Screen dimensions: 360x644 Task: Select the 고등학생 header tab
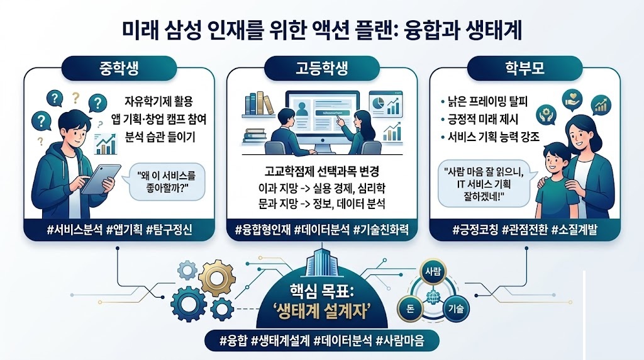(321, 67)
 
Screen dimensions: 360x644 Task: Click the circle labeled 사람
(435, 271)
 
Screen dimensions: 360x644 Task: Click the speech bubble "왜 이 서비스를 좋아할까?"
(166, 183)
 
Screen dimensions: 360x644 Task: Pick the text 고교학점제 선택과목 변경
(321, 172)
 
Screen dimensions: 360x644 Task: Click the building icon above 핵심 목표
(322, 263)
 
